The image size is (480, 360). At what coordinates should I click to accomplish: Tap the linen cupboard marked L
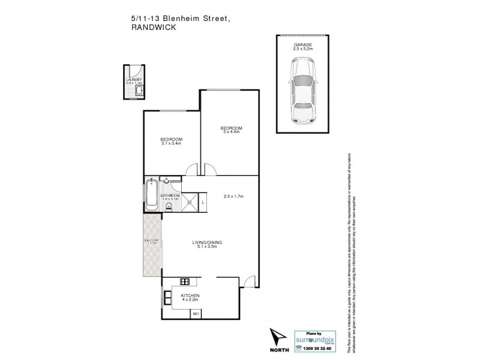(x=203, y=203)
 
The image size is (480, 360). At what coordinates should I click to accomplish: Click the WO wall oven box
(x=195, y=313)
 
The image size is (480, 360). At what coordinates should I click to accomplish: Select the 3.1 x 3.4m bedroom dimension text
(x=172, y=143)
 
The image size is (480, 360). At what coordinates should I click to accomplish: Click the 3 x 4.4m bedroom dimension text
(x=231, y=132)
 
